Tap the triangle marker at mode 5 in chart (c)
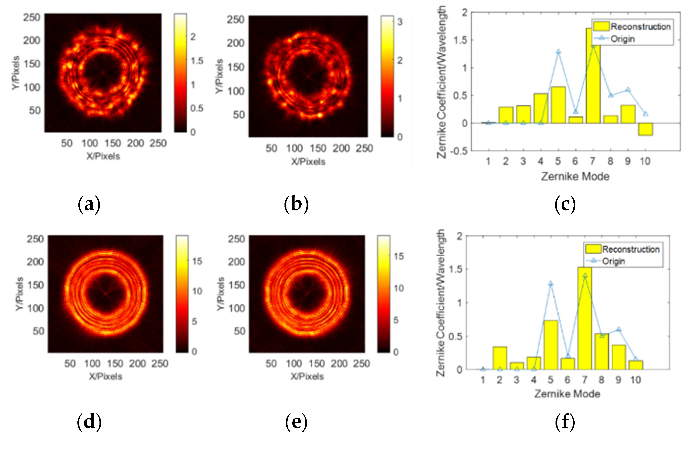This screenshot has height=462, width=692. tap(558, 52)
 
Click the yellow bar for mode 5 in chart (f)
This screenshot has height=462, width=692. tap(551, 345)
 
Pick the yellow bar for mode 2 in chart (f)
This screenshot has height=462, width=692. tap(500, 358)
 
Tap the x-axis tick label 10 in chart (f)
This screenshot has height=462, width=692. tap(636, 380)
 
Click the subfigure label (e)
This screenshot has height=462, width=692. tap(296, 422)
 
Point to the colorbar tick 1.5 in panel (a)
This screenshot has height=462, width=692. tap(197, 61)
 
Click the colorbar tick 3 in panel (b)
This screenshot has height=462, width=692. tap(400, 22)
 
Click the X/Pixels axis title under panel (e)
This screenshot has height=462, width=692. tap(307, 376)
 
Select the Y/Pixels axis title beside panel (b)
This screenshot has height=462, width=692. tap(219, 76)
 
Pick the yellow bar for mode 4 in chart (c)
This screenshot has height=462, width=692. tap(541, 108)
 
